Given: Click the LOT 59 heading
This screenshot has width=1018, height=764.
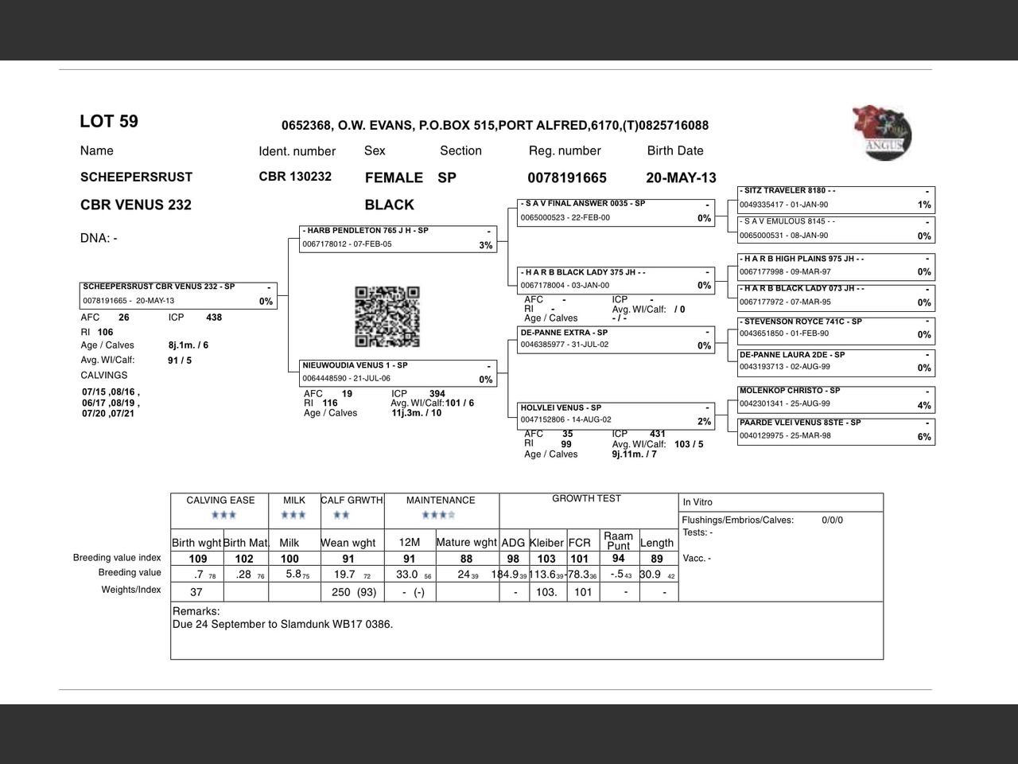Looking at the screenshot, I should click(x=109, y=122).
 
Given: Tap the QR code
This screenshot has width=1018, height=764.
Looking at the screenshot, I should click(x=387, y=317).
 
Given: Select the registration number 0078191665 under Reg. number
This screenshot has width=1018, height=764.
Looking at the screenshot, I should click(x=566, y=177).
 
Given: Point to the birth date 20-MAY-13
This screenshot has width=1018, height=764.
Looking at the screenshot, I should click(x=681, y=177).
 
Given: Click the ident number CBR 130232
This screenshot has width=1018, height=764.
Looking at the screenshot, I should click(x=295, y=177).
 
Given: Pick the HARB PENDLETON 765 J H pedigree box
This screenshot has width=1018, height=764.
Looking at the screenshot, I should click(x=398, y=238).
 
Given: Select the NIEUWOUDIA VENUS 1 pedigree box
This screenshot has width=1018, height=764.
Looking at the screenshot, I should click(x=398, y=372).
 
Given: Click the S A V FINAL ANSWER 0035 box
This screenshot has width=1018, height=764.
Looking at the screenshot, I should click(x=616, y=212).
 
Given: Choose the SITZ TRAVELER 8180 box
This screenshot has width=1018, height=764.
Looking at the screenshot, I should click(x=835, y=198).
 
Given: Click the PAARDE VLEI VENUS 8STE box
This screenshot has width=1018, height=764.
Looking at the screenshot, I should click(x=835, y=430).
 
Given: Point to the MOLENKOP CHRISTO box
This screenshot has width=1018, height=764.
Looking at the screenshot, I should click(x=835, y=398).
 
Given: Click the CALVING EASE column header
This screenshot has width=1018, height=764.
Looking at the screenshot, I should click(x=220, y=501).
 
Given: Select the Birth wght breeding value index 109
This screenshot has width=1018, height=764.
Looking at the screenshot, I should click(x=197, y=559).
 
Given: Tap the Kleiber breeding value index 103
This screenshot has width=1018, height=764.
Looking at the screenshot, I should click(x=546, y=559).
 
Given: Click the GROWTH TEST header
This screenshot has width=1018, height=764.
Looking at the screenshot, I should click(x=586, y=499).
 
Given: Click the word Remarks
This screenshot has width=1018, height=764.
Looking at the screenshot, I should click(x=196, y=611).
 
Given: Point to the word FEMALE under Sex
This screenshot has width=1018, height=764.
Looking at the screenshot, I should click(x=394, y=177).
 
